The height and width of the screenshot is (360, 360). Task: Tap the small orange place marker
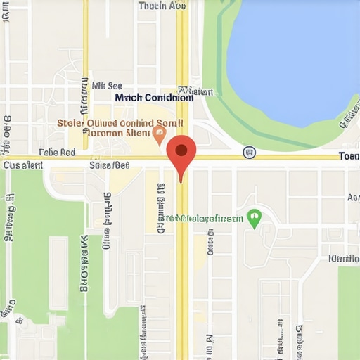tap(160, 132)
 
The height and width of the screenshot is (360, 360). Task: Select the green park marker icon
tap(255, 217)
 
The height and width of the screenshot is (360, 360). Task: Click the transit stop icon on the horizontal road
tap(248, 152)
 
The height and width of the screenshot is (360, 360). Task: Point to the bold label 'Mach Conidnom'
tap(153, 98)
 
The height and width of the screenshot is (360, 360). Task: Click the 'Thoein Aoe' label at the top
tap(162, 6)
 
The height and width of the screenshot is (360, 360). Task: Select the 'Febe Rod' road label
tap(58, 152)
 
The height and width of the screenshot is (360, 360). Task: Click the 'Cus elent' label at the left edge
tap(23, 166)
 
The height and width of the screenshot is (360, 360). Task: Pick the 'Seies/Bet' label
tap(110, 166)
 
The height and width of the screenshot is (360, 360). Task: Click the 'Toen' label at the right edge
tap(349, 156)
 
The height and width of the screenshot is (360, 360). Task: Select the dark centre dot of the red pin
tap(181, 150)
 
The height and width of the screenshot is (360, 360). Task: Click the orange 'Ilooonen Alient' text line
tap(117, 133)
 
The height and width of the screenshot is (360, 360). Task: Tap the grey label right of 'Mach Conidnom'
tap(196, 91)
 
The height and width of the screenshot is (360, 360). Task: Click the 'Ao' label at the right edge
tap(352, 198)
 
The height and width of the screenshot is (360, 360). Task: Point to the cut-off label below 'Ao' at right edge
tap(345, 258)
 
